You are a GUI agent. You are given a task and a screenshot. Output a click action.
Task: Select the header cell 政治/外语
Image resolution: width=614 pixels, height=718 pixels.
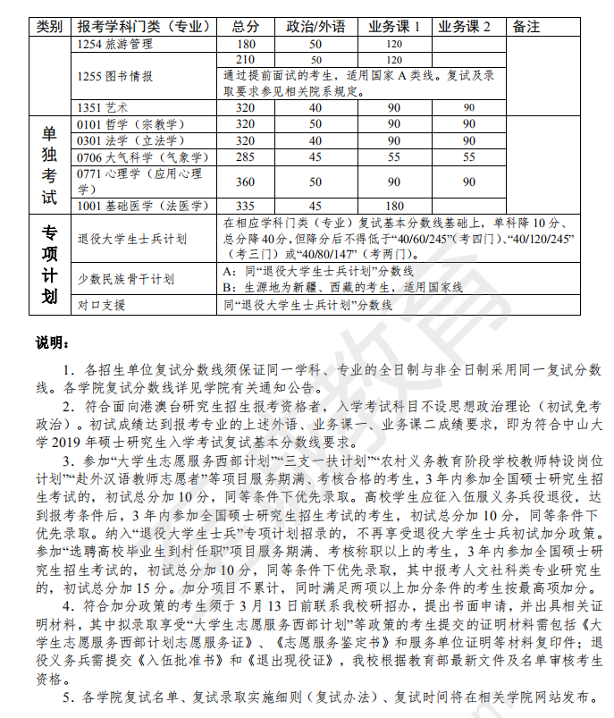(315, 27)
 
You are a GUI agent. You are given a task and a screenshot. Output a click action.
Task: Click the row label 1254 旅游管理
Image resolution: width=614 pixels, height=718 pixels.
(115, 43)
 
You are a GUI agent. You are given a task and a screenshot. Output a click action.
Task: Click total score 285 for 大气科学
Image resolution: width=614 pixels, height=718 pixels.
(245, 156)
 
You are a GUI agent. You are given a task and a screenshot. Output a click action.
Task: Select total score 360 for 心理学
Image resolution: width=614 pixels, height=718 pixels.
(245, 181)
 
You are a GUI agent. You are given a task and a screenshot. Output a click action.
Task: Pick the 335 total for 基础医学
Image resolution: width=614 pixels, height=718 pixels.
(245, 206)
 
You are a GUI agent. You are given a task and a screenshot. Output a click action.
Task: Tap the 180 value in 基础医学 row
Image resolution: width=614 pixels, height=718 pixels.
(394, 206)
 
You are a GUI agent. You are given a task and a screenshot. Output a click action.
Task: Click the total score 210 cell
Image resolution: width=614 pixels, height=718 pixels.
(245, 59)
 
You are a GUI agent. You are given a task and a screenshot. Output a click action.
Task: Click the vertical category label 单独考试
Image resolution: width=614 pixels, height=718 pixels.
(49, 165)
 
